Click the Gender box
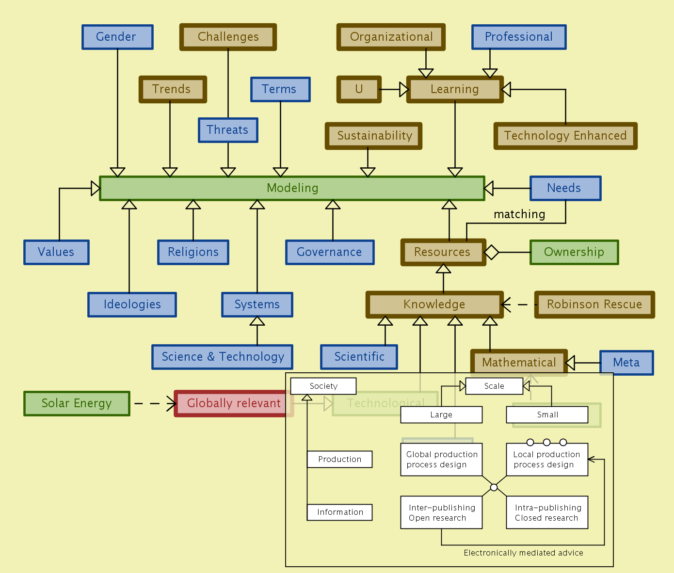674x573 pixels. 117,37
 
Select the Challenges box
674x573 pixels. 228,37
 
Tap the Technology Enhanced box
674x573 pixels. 565,136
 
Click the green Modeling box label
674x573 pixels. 292,188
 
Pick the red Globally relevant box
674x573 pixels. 234,403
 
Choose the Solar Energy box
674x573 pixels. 77,403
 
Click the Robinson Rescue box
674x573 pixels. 594,304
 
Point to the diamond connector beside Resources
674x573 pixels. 491,252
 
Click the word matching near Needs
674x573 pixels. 519,214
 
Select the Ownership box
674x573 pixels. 574,252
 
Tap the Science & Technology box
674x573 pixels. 223,357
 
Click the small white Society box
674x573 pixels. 323,386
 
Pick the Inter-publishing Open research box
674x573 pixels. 441,512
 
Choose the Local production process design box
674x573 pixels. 547,460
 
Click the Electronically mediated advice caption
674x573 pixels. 523,553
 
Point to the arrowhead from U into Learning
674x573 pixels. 404,89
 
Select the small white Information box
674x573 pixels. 339,512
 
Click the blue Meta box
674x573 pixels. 626,363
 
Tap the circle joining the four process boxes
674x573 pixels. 494,487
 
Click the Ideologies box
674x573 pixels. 132,304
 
